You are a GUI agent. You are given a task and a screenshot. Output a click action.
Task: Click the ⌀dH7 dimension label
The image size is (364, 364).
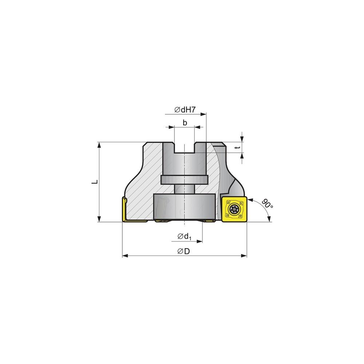185,110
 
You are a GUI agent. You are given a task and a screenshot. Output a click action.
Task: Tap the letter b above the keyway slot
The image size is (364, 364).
185,123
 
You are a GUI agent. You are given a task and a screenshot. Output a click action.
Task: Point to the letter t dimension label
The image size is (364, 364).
237,147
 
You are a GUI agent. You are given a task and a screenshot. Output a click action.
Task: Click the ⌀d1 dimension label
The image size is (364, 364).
185,237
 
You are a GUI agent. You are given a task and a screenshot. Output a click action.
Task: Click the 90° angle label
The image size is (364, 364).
267,203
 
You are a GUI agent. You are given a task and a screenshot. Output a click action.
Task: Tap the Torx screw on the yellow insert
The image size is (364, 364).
233,209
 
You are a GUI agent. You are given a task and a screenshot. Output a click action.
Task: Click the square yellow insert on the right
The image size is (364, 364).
234,209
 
